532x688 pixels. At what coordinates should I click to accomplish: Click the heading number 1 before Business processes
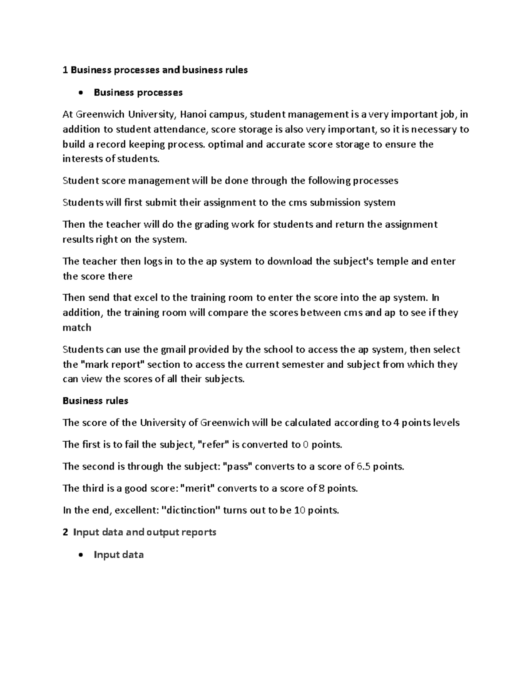click(x=65, y=70)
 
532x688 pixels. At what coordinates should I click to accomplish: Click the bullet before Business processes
click(x=80, y=93)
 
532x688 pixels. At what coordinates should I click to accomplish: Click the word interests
click(x=78, y=159)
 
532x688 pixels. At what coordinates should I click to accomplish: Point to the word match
click(x=77, y=328)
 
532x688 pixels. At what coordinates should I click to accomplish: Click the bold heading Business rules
click(x=95, y=401)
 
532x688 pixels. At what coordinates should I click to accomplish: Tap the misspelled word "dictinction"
click(x=192, y=510)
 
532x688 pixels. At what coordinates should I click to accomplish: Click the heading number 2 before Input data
click(x=65, y=532)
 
